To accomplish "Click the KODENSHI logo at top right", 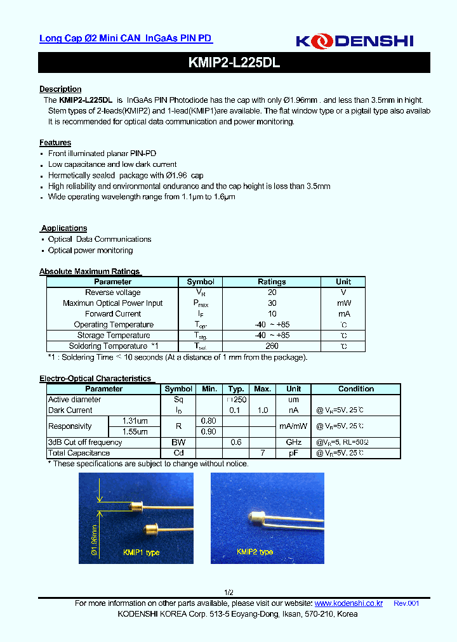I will coord(354,41).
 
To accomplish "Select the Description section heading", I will coord(60,89).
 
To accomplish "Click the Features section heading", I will coord(55,143).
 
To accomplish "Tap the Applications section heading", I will coord(64,228).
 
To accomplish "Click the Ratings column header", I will coord(272,282).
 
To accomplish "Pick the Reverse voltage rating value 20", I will coord(272,292).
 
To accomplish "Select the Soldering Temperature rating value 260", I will coord(272,346).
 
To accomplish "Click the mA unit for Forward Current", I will coord(343,314).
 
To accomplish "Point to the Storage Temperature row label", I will coord(114,336).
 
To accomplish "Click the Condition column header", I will coord(355,389).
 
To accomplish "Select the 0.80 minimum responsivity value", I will coord(209,421).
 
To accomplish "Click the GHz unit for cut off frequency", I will coord(293,442).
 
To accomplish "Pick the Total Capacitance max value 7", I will coord(262,453).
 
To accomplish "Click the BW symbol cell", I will coord(178,442).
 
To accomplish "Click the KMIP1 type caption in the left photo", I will coord(141,553).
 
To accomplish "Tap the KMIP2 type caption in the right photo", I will coord(255,552).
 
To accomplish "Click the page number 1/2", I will coord(229,592).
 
